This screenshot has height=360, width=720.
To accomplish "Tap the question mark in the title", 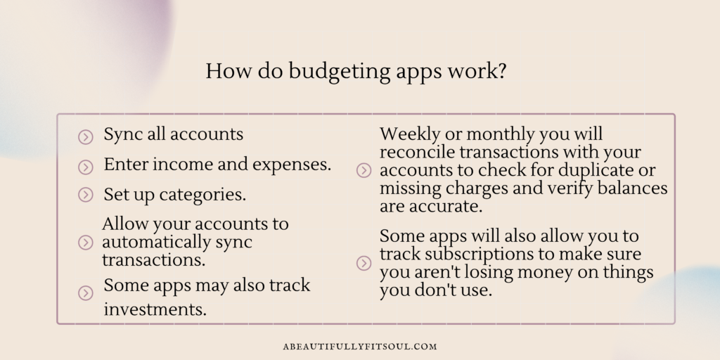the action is [501, 71].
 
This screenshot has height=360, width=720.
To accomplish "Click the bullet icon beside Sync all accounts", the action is [85, 137].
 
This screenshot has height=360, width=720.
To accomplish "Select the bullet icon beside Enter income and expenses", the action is [85, 167].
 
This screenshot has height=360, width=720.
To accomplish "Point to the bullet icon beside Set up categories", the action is [85, 195].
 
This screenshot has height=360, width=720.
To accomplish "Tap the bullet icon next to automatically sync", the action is [85, 243].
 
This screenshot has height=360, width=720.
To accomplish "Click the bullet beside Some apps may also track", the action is [85, 293].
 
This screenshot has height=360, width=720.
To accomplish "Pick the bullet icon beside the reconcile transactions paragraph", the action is [364, 171].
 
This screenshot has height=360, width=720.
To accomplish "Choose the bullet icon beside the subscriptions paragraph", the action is [364, 263].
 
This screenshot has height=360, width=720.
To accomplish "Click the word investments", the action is [155, 309].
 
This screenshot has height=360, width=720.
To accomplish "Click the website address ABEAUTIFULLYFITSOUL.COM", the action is [360, 347].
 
